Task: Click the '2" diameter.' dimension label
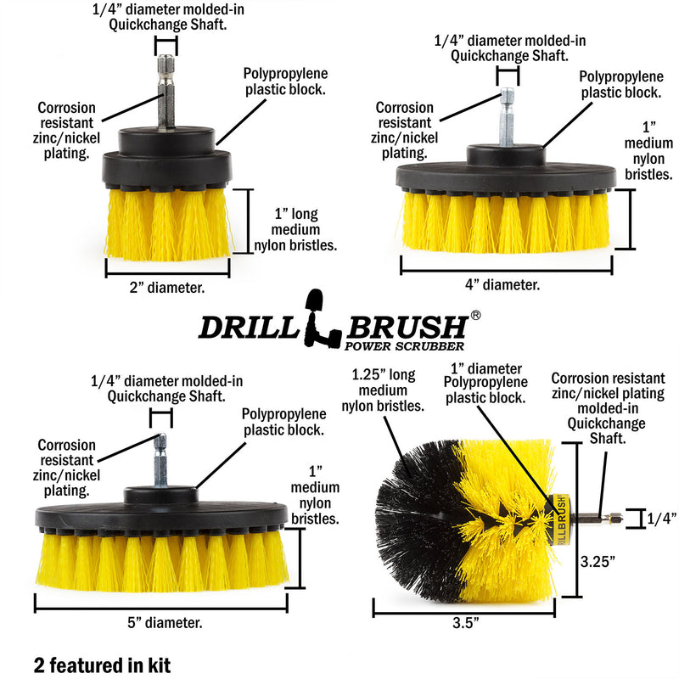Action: click(x=167, y=288)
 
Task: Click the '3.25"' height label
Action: click(x=597, y=561)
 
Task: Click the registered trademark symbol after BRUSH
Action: click(x=476, y=315)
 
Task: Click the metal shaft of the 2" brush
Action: click(x=166, y=93)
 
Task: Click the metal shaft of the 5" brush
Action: click(x=160, y=462)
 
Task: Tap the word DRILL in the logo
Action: click(x=247, y=327)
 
